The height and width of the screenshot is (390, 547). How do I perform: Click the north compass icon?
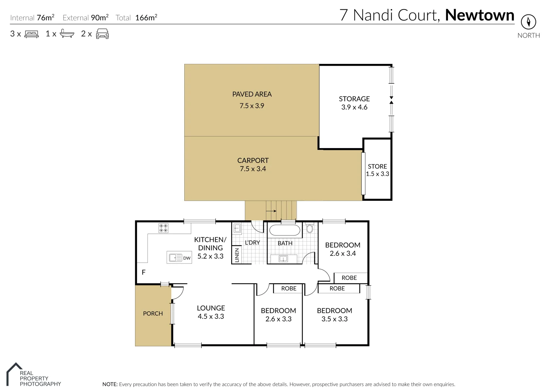(x=528, y=22)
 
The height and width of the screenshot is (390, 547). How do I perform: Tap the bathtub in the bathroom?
(x=285, y=231)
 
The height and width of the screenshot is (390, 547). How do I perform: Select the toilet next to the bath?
(x=309, y=228)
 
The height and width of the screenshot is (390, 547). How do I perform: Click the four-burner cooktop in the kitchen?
(x=163, y=228)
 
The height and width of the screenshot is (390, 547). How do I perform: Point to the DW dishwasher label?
(x=186, y=258)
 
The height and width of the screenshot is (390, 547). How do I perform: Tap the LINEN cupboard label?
(x=237, y=255)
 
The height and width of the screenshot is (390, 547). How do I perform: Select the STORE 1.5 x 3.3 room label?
(x=377, y=170)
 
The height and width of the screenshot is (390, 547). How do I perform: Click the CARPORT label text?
(x=253, y=160)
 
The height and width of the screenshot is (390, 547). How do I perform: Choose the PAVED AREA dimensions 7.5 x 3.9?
(x=252, y=106)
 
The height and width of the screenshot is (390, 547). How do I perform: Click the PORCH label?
(x=153, y=313)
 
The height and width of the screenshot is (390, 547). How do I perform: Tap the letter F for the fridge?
(x=143, y=272)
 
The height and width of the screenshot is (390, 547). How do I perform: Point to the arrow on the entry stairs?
(x=271, y=211)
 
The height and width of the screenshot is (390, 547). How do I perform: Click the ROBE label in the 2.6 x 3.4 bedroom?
(x=349, y=278)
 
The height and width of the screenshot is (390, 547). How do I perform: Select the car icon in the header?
(x=102, y=34)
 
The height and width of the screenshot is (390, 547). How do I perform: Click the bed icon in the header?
(x=31, y=34)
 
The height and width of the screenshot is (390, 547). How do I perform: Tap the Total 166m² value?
(x=146, y=18)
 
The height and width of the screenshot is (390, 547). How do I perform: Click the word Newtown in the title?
(x=479, y=15)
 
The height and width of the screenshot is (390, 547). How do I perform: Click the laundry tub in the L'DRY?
(x=237, y=228)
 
